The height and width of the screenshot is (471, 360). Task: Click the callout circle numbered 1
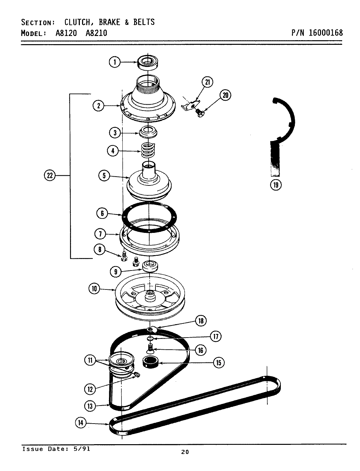(115, 62)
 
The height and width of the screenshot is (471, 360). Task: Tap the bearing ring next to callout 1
(148, 62)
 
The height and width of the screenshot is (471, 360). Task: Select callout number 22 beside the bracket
(49, 176)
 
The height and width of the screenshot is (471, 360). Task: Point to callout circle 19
(276, 185)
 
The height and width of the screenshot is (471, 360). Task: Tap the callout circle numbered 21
(207, 82)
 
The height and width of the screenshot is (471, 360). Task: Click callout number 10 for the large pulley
(94, 289)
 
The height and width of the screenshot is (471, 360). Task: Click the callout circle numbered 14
(81, 423)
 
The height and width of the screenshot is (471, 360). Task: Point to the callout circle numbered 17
(215, 336)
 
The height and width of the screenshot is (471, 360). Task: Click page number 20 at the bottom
(185, 452)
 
